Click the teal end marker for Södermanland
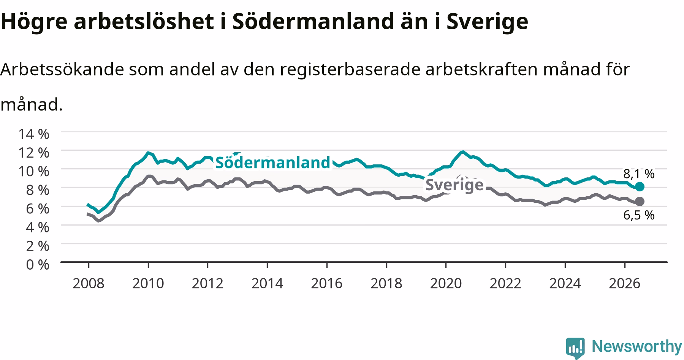pyautogui.click(x=640, y=186)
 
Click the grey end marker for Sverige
pyautogui.click(x=640, y=201)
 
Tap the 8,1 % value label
pyautogui.click(x=639, y=174)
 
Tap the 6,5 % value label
pyautogui.click(x=639, y=215)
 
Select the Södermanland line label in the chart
pyautogui.click(x=273, y=163)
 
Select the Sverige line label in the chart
pyautogui.click(x=454, y=185)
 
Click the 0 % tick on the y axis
pyautogui.click(x=38, y=264)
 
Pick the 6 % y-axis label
pyautogui.click(x=38, y=208)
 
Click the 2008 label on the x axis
pyautogui.click(x=89, y=283)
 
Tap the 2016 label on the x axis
pyautogui.click(x=327, y=283)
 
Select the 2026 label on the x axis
pyautogui.click(x=625, y=283)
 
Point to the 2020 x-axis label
pyautogui.click(x=446, y=283)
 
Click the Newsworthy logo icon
pyautogui.click(x=576, y=347)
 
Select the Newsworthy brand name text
pyautogui.click(x=637, y=346)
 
